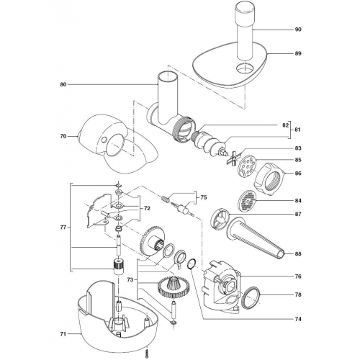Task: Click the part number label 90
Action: [x=298, y=30]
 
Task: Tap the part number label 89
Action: [x=298, y=53]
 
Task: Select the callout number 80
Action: [x=63, y=84]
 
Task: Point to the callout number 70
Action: [x=63, y=136]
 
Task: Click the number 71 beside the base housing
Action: [x=63, y=334]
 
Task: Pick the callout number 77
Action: [x=63, y=228]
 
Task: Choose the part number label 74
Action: [x=298, y=319]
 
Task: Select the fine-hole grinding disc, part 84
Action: [x=246, y=201]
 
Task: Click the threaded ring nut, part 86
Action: [x=269, y=179]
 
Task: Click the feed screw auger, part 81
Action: [x=209, y=143]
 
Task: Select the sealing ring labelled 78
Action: [x=251, y=297]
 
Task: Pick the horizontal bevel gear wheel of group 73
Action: [x=174, y=287]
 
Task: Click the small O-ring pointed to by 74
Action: [x=192, y=264]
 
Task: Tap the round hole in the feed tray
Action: [x=245, y=68]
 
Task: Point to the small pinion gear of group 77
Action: [x=119, y=266]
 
